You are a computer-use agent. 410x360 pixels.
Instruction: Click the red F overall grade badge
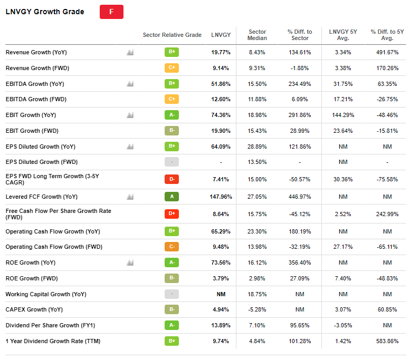click(x=111, y=12)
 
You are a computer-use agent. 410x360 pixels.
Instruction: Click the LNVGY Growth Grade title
click(x=45, y=12)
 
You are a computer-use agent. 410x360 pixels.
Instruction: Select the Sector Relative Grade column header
click(x=172, y=35)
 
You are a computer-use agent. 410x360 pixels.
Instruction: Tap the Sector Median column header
click(x=257, y=35)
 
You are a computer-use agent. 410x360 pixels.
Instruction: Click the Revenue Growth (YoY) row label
click(x=36, y=52)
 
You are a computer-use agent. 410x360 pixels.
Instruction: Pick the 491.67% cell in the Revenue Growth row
click(x=387, y=52)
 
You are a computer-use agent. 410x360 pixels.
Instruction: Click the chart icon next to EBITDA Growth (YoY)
click(x=130, y=84)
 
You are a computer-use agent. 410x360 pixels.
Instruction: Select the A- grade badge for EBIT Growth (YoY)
click(x=171, y=115)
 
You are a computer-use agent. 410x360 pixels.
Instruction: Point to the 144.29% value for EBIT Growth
click(x=343, y=115)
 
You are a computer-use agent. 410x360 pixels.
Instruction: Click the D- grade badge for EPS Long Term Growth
click(x=171, y=179)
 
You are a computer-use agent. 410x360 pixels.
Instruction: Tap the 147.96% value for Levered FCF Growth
click(x=221, y=197)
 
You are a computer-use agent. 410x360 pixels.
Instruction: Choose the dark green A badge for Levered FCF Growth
click(x=171, y=197)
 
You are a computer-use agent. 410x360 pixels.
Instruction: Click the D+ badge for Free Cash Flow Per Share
click(x=171, y=215)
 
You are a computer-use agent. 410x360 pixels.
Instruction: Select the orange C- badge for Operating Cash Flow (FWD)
click(x=171, y=247)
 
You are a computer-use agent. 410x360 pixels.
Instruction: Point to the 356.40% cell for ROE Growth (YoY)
click(x=300, y=262)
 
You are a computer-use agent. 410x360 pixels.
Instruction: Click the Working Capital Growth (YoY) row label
click(x=45, y=294)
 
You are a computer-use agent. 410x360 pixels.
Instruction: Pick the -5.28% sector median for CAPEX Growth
click(x=257, y=309)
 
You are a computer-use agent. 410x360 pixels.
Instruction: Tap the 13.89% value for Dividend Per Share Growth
click(x=221, y=325)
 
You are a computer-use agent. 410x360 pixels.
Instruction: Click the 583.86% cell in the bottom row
click(x=387, y=341)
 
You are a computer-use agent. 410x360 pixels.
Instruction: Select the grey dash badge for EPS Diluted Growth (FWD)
click(x=171, y=162)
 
